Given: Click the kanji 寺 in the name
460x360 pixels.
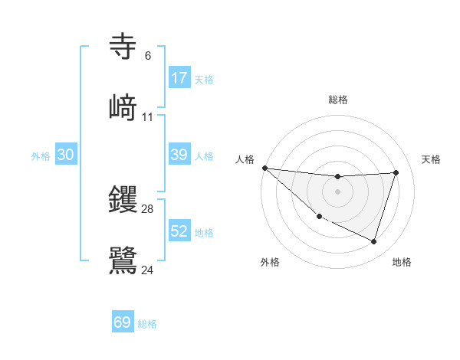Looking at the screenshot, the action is [123, 47].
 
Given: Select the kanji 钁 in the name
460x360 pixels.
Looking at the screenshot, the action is [123, 198].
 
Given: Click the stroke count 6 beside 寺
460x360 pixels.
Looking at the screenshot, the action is [147, 56].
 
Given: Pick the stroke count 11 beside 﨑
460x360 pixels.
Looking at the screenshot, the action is [147, 117].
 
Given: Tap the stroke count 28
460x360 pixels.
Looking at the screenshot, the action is [147, 208].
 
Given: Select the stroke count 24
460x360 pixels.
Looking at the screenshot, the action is [147, 270].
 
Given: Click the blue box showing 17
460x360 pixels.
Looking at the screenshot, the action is [179, 78].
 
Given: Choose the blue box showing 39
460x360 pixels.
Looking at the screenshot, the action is [179, 155].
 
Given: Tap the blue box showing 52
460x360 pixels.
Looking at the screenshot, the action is [179, 231].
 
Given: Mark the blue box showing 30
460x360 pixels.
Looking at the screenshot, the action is [66, 155].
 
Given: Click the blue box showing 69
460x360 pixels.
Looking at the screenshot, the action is [123, 322].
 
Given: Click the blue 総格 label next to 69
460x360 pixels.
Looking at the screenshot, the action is [147, 324].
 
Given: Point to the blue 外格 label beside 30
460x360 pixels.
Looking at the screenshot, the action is [41, 156].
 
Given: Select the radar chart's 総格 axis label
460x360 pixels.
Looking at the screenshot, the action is [337, 100].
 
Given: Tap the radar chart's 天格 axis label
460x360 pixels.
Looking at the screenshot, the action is [431, 159].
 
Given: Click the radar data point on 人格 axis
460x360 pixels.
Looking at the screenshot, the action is [264, 168].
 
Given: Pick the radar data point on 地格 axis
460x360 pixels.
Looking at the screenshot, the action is [374, 241].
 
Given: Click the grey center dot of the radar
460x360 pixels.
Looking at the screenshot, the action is [337, 191].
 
